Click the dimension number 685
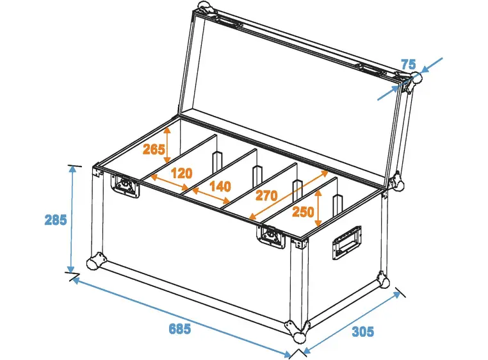(179, 329)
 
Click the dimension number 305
(362, 331)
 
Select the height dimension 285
(56, 220)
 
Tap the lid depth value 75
(409, 64)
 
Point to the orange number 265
(154, 150)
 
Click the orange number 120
(182, 172)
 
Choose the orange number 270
(267, 195)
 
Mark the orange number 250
(303, 212)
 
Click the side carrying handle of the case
(346, 242)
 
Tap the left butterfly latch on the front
(126, 186)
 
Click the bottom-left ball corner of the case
(95, 261)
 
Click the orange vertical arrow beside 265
(168, 143)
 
